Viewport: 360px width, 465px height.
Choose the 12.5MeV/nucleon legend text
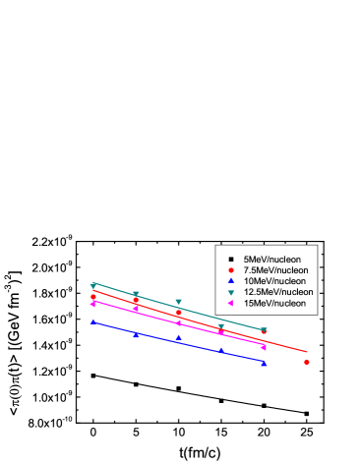(271, 292)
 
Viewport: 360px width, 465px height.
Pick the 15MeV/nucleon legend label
(268, 303)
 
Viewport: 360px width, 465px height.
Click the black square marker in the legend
(229, 259)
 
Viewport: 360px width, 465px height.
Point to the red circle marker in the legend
(229, 269)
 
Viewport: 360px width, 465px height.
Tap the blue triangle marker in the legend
(229, 280)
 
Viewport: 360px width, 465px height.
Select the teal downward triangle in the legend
(229, 292)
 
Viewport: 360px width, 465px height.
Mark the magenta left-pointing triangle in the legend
(229, 303)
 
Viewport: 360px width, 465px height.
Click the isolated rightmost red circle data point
(307, 362)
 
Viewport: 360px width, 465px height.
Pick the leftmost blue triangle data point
(93, 320)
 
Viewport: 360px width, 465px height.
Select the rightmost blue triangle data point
(264, 362)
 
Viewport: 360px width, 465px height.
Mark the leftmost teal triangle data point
(93, 287)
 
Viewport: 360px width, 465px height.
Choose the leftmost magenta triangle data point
(92, 304)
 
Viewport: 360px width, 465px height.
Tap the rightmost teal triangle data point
(264, 331)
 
